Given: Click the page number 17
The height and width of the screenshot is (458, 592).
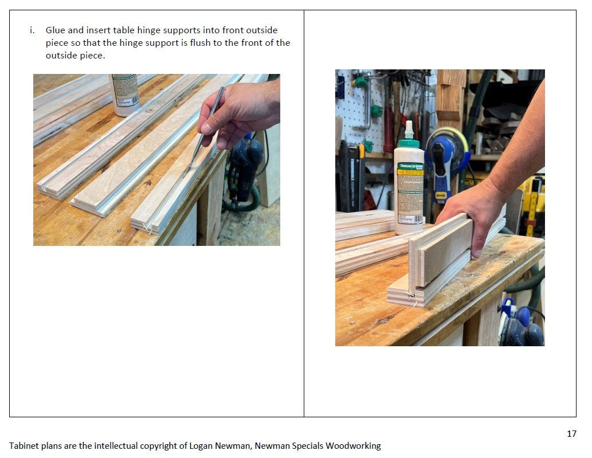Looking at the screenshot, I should (571, 433).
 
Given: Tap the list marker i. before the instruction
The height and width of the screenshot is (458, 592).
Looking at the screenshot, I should (32, 30).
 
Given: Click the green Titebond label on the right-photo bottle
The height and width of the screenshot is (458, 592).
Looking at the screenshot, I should (410, 170).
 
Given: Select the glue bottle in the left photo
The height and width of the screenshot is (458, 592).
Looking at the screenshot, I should (124, 94).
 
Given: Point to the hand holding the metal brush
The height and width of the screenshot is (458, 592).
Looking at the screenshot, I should (241, 109).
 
